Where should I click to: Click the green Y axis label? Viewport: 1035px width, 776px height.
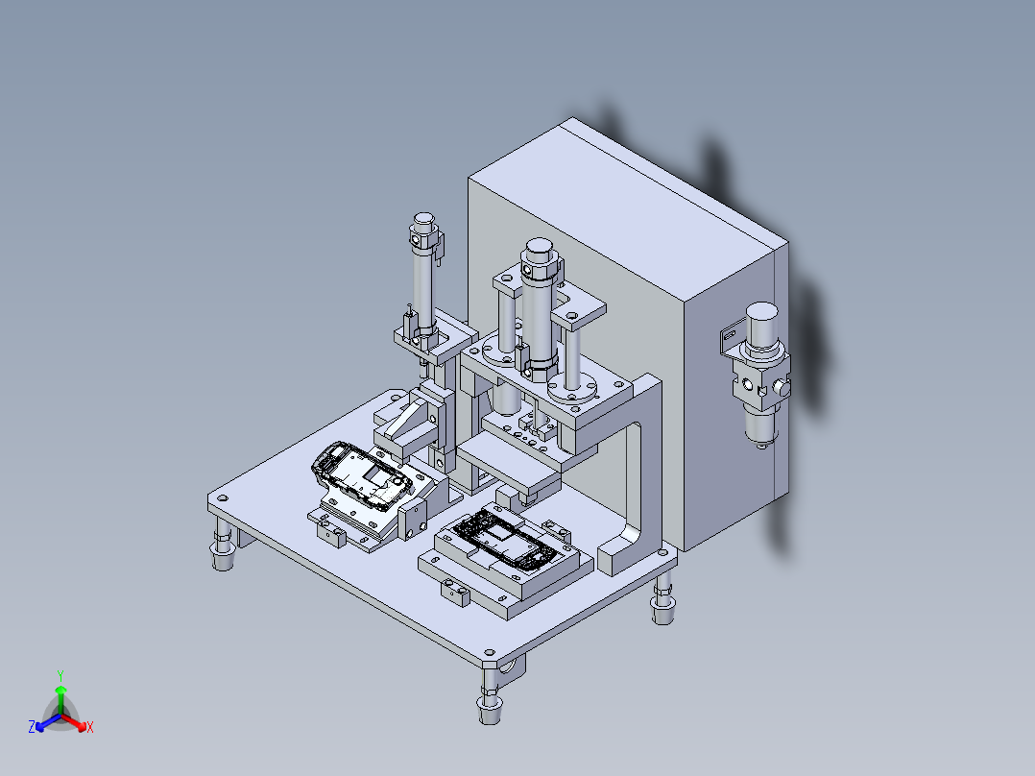[60, 675]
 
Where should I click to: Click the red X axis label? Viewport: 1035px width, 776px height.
[90, 727]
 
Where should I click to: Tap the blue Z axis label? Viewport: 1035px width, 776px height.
[32, 726]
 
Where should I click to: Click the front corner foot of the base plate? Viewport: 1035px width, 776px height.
[491, 694]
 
